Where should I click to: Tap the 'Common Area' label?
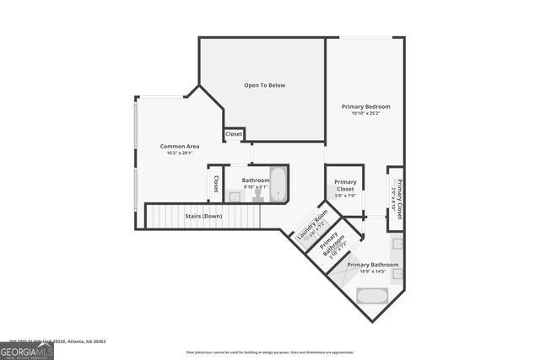pos(180,146)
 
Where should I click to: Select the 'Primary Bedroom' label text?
pos(365,106)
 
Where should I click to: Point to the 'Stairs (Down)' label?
pos(203,217)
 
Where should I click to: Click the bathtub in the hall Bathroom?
pos(278,185)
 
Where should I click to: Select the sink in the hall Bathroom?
pos(235,196)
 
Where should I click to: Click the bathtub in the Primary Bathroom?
pos(372,295)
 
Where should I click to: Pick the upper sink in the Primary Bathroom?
pos(397,244)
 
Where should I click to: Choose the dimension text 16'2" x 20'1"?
pos(180,153)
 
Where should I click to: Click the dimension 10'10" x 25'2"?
pos(365,114)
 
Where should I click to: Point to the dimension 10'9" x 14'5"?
pos(372,271)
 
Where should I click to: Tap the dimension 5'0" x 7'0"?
pos(345,196)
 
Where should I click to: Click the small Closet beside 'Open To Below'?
pos(234,134)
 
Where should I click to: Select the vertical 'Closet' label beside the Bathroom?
pos(216,184)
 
